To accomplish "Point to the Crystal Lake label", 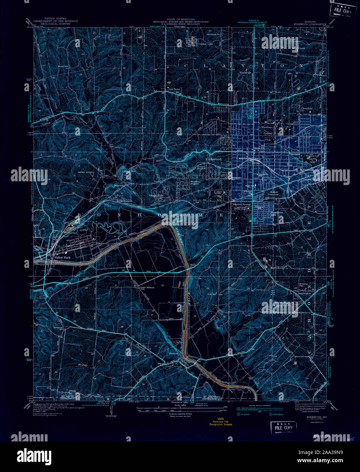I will click(x=196, y=44).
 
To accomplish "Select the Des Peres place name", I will click(x=170, y=90).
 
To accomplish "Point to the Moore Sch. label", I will click(x=63, y=66).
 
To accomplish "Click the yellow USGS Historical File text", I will click(x=221, y=422).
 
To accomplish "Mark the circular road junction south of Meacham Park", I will click(x=252, y=235).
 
